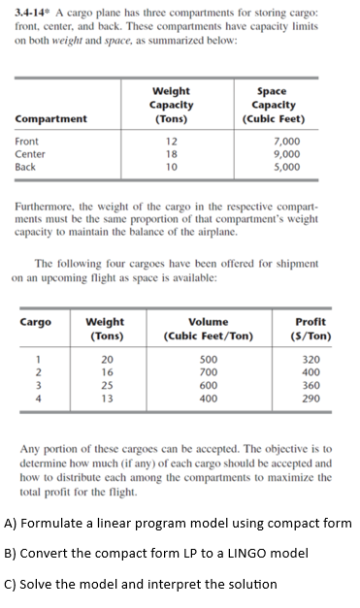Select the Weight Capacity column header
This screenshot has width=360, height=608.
tap(170, 104)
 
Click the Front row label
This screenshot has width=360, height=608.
tap(27, 142)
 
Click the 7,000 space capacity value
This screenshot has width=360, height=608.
tap(276, 142)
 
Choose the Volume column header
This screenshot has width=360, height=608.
tap(209, 321)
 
